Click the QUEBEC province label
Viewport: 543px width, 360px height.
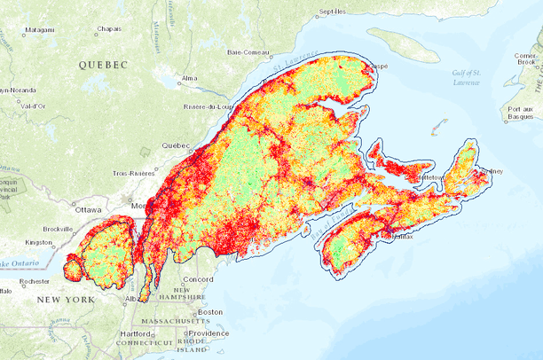103,65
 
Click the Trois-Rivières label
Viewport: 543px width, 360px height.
134,174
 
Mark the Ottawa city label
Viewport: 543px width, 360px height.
89,210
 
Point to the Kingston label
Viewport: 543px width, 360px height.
39,241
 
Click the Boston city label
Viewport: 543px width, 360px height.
209,311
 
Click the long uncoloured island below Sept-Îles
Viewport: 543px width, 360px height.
403,45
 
